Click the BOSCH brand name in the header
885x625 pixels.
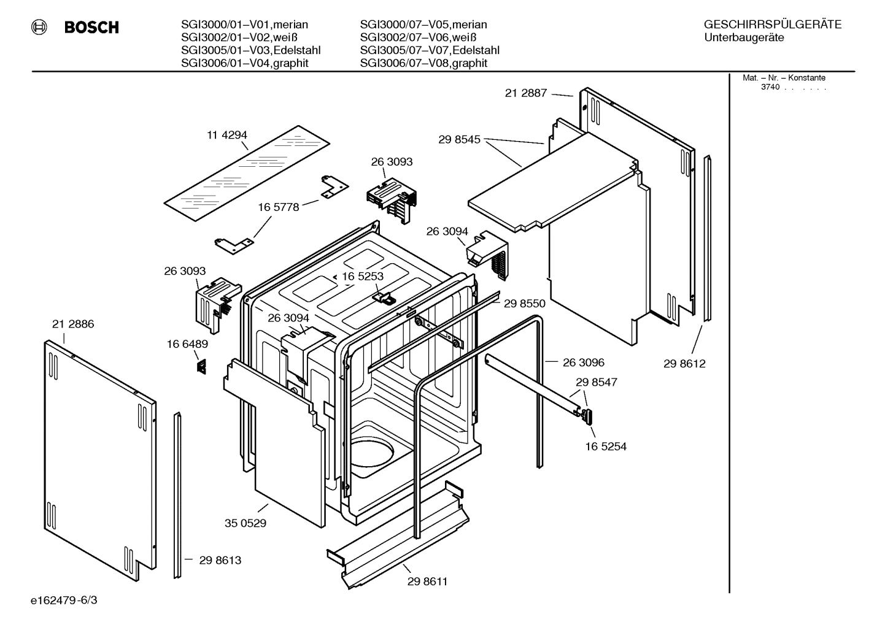pyautogui.click(x=91, y=28)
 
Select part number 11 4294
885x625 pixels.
pyautogui.click(x=226, y=135)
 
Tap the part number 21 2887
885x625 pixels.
pyautogui.click(x=525, y=93)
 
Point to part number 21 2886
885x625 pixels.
pyautogui.click(x=73, y=324)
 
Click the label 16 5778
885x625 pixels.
pyautogui.click(x=278, y=207)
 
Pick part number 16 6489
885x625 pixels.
pyautogui.click(x=187, y=344)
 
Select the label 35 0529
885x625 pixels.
pyautogui.click(x=245, y=523)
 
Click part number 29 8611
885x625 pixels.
pyautogui.click(x=427, y=581)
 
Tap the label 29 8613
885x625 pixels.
pyautogui.click(x=220, y=560)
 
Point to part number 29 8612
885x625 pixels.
pyautogui.click(x=684, y=364)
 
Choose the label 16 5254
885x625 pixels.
pyautogui.click(x=606, y=447)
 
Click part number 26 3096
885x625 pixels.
pyautogui.click(x=583, y=362)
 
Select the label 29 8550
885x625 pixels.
pyautogui.click(x=524, y=303)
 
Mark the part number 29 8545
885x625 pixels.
pyautogui.click(x=459, y=140)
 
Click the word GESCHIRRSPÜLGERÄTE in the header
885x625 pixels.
pyautogui.click(x=772, y=25)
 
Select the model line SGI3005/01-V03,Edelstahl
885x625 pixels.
pyautogui.click(x=250, y=50)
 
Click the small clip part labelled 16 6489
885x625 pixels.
pyautogui.click(x=201, y=366)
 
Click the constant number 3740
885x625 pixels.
pyautogui.click(x=770, y=87)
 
